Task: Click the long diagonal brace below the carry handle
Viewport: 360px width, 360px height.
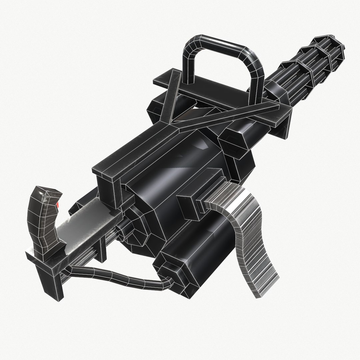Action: [227, 115]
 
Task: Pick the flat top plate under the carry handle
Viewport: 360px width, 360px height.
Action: [213, 93]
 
